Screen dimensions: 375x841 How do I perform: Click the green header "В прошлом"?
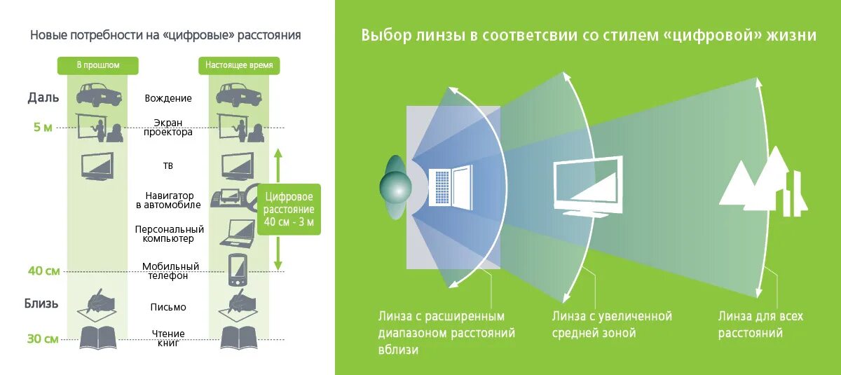point(98,65)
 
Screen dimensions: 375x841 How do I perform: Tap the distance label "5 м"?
point(42,128)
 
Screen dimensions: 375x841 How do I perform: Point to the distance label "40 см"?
point(44,271)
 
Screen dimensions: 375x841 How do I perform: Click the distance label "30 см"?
point(43,339)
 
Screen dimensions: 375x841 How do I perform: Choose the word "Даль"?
point(43,97)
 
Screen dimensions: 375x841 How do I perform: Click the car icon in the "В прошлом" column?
point(98,95)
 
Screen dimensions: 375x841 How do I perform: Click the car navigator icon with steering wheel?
point(239,199)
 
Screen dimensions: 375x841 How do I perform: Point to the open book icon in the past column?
point(98,337)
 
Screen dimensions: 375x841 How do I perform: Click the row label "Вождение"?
point(169,99)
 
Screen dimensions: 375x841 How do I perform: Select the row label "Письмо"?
point(168,307)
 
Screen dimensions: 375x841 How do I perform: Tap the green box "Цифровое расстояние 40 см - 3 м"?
point(289,210)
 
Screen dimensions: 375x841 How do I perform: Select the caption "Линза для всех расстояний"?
point(760,325)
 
